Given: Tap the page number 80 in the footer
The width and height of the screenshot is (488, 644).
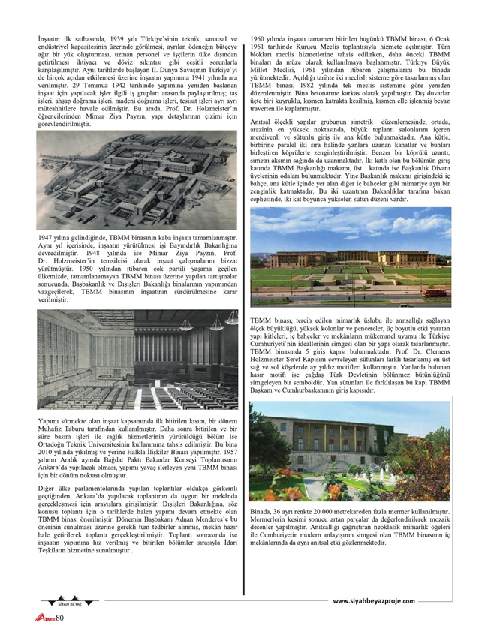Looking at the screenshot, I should (x=61, y=618).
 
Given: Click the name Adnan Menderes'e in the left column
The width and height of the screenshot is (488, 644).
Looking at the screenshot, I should (x=202, y=519).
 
